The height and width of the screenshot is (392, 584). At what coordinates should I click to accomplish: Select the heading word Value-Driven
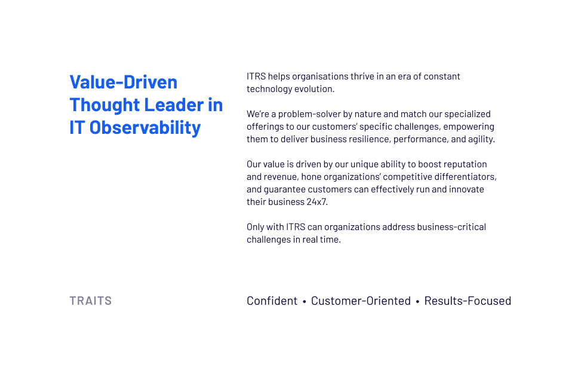point(124,82)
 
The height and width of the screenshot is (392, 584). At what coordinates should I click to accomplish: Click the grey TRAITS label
point(91,301)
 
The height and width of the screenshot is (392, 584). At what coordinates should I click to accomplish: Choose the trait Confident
point(272,301)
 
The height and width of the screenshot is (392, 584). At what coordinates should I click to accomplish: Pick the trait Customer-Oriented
point(361,301)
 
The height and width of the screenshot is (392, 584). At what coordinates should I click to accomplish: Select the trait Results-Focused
point(468,301)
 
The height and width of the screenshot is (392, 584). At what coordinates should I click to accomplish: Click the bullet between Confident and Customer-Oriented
point(305,301)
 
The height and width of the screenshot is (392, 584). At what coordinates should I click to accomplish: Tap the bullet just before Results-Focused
point(417,301)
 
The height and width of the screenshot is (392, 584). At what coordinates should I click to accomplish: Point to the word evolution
point(314,89)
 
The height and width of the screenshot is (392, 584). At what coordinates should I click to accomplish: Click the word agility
point(481,139)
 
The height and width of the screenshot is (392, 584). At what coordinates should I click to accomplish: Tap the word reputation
point(465,164)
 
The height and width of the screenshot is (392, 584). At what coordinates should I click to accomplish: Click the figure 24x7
point(316,202)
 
